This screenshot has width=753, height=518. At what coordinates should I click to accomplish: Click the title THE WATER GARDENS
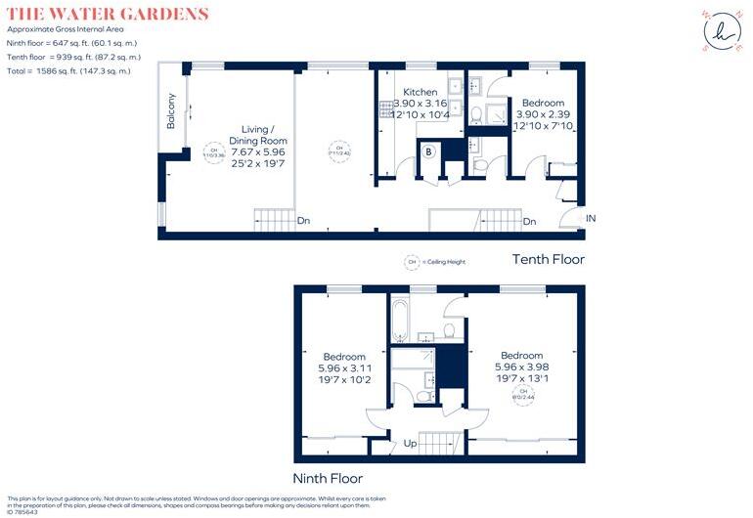click(x=108, y=14)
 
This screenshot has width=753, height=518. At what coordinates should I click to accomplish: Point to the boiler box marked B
click(x=427, y=152)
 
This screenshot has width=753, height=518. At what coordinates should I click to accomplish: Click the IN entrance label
click(x=590, y=217)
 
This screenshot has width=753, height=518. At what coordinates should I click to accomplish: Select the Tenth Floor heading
click(x=549, y=259)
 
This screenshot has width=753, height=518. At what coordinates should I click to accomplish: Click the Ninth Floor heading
click(x=329, y=478)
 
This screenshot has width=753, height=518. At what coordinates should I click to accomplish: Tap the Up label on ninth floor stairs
click(x=411, y=444)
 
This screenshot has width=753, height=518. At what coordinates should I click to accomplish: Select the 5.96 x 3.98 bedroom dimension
click(x=521, y=367)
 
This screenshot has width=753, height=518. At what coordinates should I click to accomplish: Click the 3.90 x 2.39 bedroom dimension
click(x=544, y=114)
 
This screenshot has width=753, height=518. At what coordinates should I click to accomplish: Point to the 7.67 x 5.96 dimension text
click(x=258, y=151)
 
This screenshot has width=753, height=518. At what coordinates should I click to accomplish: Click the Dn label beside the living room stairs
click(x=305, y=222)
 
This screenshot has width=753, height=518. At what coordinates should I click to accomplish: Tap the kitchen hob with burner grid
click(x=384, y=109)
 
